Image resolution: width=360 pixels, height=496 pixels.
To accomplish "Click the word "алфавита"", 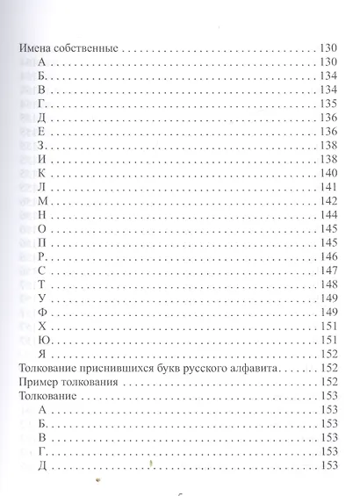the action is point(255,370).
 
